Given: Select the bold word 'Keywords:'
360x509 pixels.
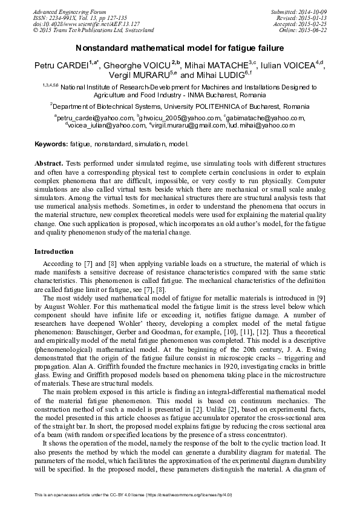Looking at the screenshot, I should [x=51, y=145].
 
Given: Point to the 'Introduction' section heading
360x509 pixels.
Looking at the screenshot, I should [x=54, y=251].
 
